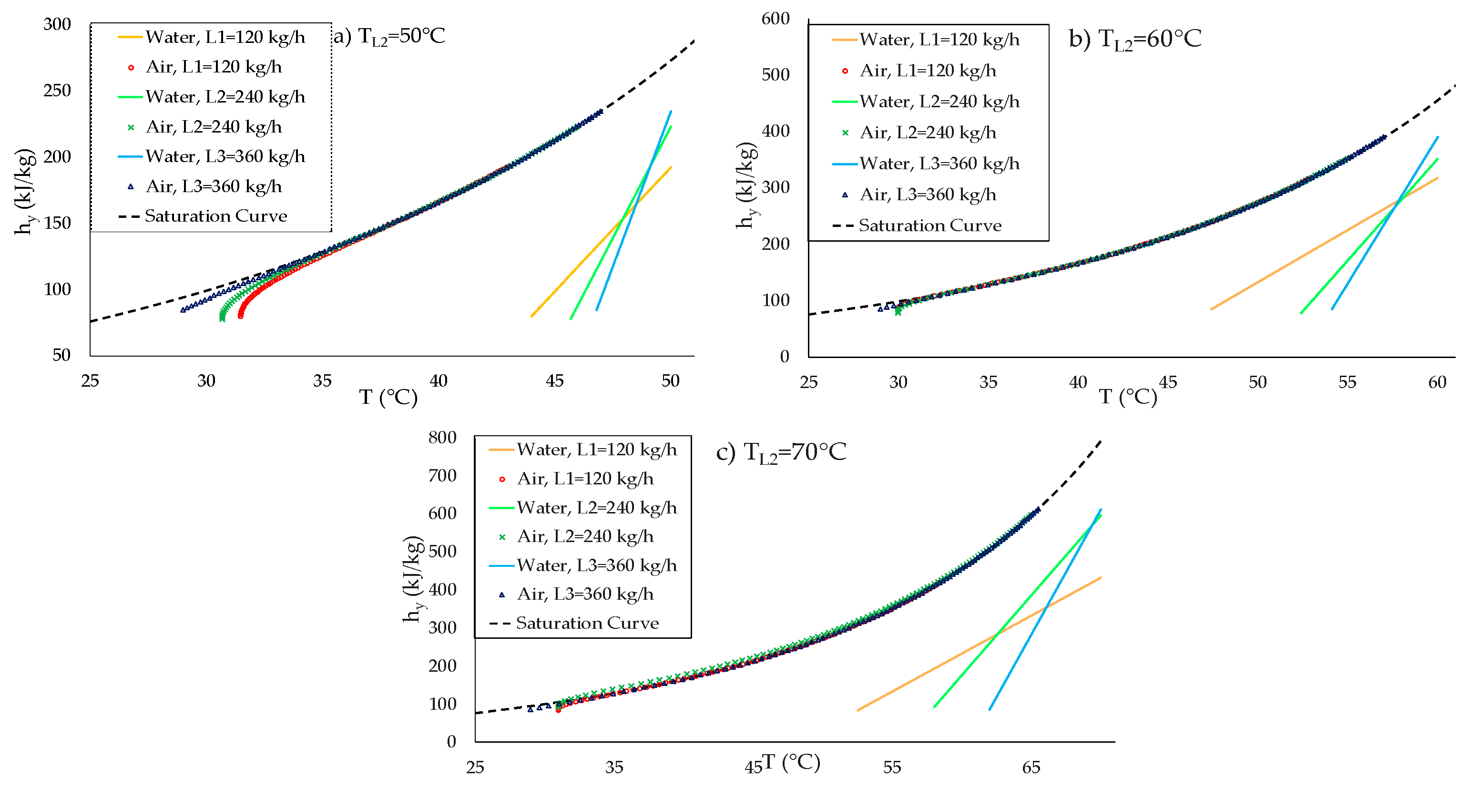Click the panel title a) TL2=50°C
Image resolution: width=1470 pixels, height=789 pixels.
[x=388, y=37]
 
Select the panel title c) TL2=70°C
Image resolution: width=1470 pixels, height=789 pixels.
[x=781, y=453]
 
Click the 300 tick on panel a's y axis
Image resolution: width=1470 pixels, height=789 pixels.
[x=57, y=24]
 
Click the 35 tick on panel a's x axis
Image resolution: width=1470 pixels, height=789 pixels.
[x=322, y=381]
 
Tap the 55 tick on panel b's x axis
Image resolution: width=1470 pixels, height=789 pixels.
[x=1347, y=382]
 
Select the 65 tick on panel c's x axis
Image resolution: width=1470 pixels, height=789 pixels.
[x=1031, y=767]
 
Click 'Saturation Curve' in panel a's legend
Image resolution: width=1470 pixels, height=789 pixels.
[x=216, y=216]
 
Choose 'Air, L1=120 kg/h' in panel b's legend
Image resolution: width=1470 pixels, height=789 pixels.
[x=928, y=71]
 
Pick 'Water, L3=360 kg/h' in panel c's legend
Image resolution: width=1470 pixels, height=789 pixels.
[x=597, y=565]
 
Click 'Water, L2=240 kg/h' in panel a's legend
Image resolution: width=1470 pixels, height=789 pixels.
[x=225, y=97]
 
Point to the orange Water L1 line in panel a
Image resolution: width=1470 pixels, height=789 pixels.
[x=601, y=242]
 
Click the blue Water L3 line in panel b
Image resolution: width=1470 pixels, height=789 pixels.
[x=1384, y=223]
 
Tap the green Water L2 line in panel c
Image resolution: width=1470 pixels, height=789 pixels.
[x=1017, y=611]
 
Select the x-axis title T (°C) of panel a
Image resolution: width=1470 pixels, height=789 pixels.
[x=388, y=397]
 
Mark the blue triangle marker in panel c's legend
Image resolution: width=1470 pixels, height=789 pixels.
[x=502, y=594]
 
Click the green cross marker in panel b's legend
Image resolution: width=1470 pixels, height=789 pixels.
[x=845, y=133]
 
